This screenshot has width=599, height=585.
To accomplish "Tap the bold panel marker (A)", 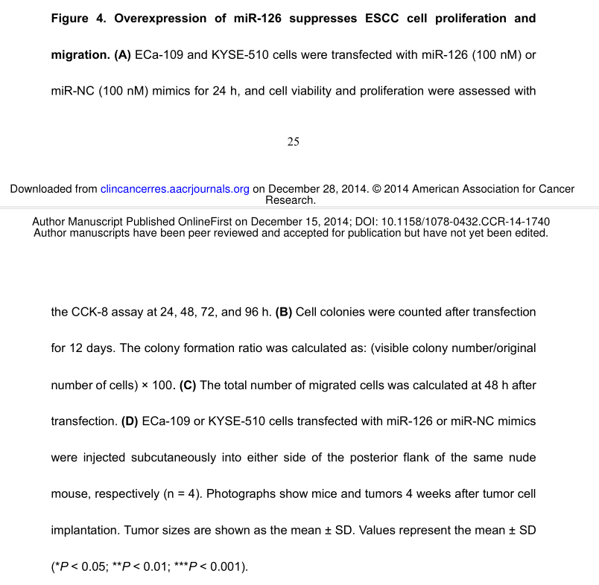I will click(x=123, y=55).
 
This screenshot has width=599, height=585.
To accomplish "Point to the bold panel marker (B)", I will click(x=283, y=313).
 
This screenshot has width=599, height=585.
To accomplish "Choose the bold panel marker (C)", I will click(x=188, y=386).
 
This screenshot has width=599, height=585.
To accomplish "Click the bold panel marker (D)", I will click(x=130, y=421).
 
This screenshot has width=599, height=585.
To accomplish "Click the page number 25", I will click(x=293, y=142).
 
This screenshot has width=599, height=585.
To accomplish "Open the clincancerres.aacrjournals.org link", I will click(x=174, y=189).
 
